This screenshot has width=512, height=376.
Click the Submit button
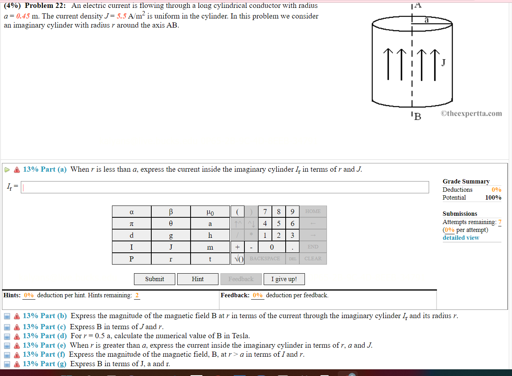tap(154, 279)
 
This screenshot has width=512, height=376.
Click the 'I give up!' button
tap(284, 279)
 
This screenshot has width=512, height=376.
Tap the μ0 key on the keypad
tap(210, 212)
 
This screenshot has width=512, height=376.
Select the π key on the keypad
tap(132, 224)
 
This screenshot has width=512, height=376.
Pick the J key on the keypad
tap(171, 247)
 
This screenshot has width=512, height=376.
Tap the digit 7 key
tap(265, 212)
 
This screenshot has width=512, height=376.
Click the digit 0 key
tap(272, 247)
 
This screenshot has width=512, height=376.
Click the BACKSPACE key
tap(265, 259)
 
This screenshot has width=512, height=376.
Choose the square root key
tap(239, 259)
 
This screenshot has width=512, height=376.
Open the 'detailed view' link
tap(461, 238)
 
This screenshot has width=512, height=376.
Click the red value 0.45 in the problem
tap(23, 16)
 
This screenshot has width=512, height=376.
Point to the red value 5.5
tap(121, 16)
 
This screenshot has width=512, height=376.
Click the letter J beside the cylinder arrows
tap(443, 63)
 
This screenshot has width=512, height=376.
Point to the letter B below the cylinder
tap(418, 117)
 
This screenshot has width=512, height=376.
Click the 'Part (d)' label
tap(44, 336)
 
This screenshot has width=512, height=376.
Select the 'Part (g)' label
tap(44, 364)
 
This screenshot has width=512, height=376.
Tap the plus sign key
tap(237, 247)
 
